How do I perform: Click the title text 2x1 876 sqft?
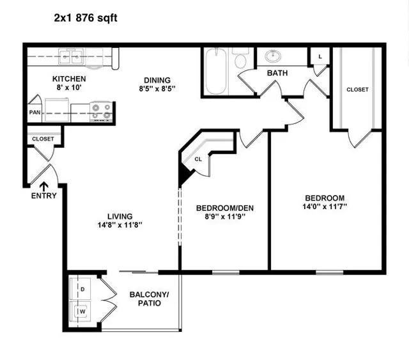click(x=86, y=19)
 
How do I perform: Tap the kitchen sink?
click(x=71, y=56)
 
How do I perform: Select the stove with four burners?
click(x=101, y=111)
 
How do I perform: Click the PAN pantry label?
click(x=35, y=113)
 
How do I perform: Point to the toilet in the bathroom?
click(x=240, y=58)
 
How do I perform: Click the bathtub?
click(x=216, y=71)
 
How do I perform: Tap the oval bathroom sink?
click(x=273, y=56)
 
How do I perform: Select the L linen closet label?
click(x=320, y=56)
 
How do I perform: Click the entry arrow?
click(x=44, y=187)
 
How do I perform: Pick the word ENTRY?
click(x=44, y=196)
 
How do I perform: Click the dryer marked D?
click(x=80, y=289)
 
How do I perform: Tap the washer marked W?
click(x=80, y=311)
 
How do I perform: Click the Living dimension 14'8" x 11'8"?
click(x=120, y=225)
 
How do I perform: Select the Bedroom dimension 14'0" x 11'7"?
click(x=325, y=207)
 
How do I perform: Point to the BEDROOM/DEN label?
click(x=225, y=208)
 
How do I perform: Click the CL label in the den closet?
click(x=198, y=159)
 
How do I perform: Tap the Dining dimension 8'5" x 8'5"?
click(x=157, y=89)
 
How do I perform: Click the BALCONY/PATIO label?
click(x=149, y=299)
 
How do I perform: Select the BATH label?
click(x=277, y=73)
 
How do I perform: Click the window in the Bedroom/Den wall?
click(x=226, y=272)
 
